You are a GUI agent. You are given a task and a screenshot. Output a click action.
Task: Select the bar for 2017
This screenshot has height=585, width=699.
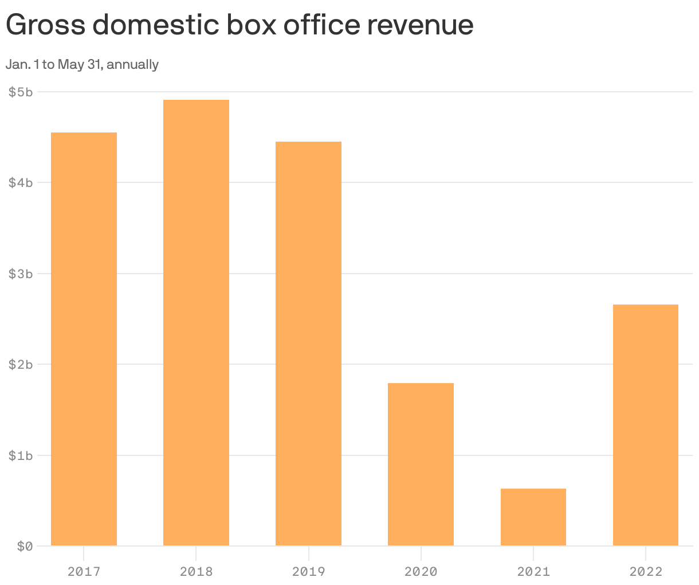pos(84,339)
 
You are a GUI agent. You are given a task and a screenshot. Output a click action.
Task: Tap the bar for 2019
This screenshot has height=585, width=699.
pos(308,344)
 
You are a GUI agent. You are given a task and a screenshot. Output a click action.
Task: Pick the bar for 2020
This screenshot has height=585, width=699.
pos(421,464)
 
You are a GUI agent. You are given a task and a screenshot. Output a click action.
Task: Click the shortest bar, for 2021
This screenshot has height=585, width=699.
pos(533,517)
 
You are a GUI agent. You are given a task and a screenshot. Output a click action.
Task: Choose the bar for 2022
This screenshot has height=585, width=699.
pos(645,425)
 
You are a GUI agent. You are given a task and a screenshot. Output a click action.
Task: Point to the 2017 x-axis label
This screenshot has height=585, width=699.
pos(84,572)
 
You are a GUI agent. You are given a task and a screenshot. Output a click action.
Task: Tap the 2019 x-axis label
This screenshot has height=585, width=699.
pos(308,572)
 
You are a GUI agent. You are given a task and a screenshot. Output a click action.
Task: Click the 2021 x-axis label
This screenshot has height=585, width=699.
pos(533,572)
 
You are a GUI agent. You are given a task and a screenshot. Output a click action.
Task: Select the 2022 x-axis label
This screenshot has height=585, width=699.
pos(645,572)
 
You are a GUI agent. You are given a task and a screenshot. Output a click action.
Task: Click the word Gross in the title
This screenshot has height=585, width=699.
pos(45,25)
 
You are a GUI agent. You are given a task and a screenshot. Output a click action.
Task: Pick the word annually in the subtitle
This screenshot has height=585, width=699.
pos(132,65)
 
